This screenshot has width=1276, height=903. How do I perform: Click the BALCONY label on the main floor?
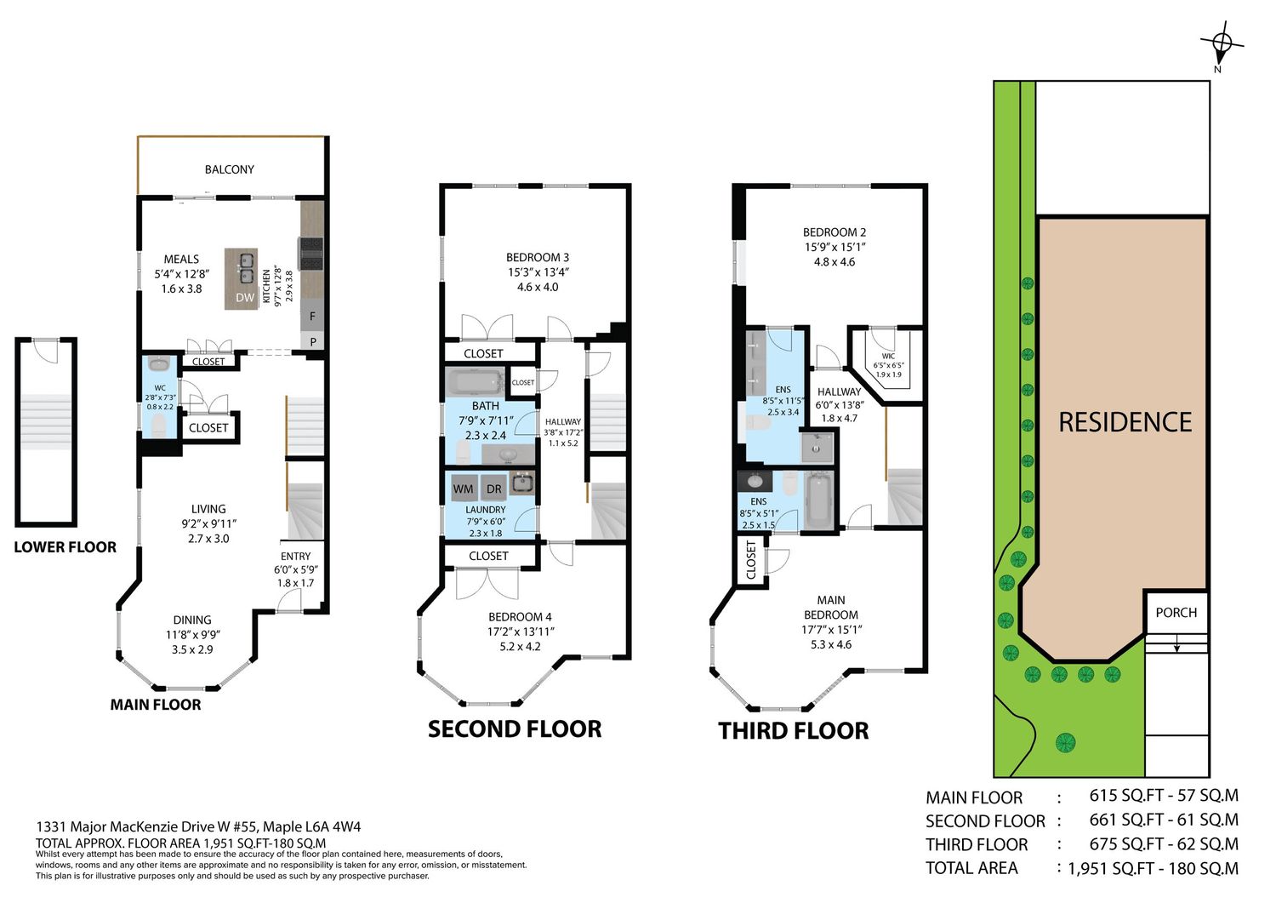(229, 169)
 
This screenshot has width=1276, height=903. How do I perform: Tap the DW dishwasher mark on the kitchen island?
(245, 298)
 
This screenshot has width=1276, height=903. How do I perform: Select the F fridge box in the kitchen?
(312, 317)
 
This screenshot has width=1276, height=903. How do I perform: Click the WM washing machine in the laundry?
(463, 489)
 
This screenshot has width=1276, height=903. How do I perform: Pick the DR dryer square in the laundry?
(494, 489)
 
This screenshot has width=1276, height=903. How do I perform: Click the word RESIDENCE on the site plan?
(1125, 422)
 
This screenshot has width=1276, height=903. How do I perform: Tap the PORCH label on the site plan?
(1176, 613)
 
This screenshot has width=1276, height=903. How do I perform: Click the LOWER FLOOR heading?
(65, 547)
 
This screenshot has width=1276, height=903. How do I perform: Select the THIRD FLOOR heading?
(794, 731)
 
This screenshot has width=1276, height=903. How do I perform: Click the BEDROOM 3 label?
(537, 258)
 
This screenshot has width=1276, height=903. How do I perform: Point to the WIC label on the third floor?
(888, 356)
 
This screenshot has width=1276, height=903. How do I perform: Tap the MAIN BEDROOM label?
(830, 607)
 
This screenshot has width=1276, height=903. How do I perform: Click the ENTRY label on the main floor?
(296, 557)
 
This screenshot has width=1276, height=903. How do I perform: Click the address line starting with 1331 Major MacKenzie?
(198, 826)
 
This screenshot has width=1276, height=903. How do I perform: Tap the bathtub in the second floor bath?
(474, 382)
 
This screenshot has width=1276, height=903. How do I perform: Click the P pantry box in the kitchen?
(313, 342)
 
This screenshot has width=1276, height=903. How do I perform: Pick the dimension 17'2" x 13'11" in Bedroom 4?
(521, 632)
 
